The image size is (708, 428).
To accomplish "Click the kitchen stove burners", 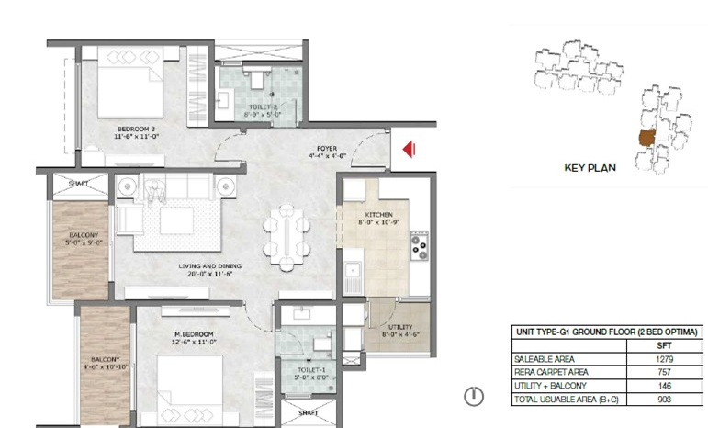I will click(x=420, y=244).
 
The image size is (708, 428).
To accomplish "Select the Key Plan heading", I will click(x=589, y=168).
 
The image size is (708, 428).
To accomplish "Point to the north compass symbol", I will click(x=473, y=397).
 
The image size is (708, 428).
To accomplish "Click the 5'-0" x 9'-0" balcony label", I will click(x=78, y=243).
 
